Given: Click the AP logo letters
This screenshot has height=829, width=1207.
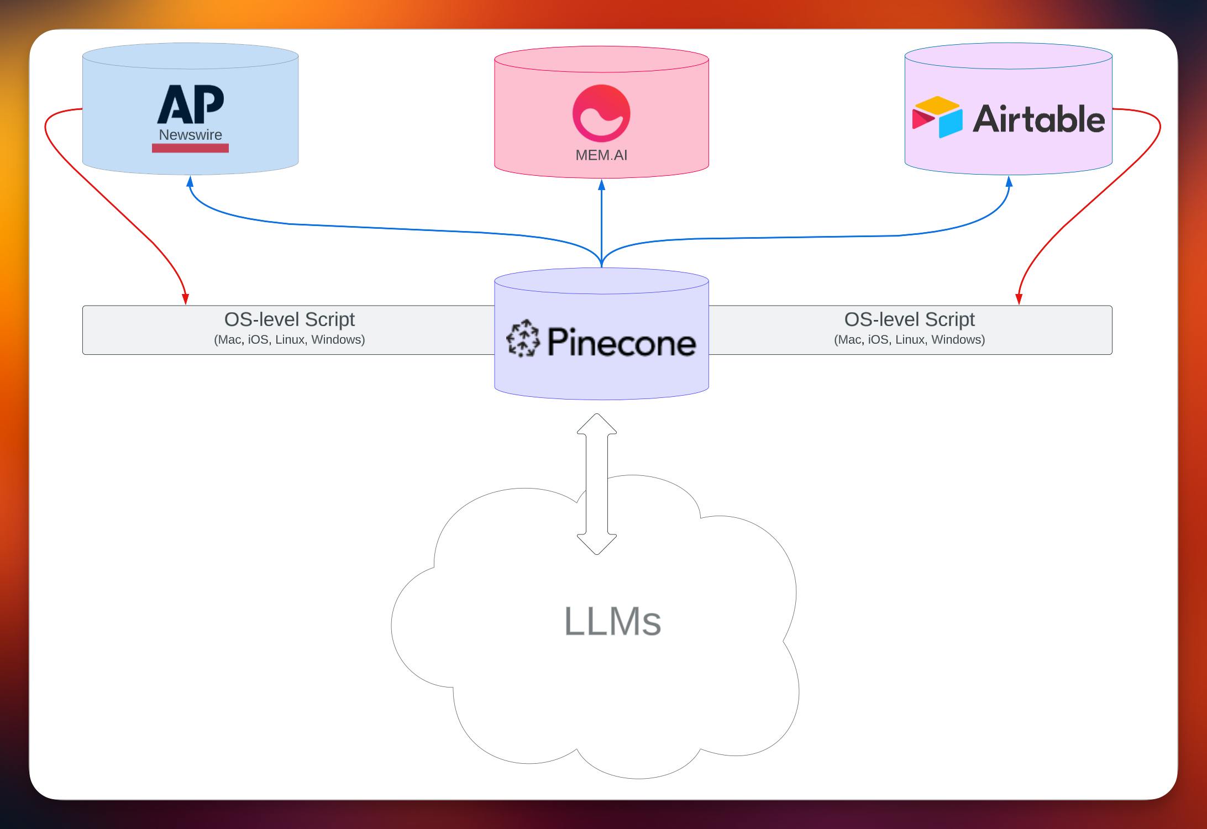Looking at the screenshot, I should (191, 104).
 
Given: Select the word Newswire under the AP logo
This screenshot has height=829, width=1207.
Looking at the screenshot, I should (190, 135).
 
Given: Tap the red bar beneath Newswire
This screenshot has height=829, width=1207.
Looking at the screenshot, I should (190, 148).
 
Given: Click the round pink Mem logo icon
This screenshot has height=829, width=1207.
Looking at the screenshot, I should (601, 113).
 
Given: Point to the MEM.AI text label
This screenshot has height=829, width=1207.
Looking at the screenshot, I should (601, 155).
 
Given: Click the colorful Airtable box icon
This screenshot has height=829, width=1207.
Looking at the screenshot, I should (937, 117).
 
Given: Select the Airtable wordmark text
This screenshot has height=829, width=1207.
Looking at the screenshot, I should (1038, 119).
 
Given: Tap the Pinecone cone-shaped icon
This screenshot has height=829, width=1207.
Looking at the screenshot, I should (523, 338).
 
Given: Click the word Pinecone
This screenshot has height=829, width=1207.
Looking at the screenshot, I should (622, 342).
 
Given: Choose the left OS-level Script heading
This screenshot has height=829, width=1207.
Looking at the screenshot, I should (289, 319).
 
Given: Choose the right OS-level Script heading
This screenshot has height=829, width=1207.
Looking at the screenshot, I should (909, 319).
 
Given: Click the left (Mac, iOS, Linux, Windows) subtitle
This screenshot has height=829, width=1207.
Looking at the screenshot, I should (289, 339).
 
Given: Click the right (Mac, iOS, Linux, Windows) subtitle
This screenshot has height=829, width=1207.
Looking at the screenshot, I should (909, 339).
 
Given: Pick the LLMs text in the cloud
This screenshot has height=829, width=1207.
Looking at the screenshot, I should (612, 622).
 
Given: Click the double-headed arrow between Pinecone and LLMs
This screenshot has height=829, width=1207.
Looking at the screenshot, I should (597, 484).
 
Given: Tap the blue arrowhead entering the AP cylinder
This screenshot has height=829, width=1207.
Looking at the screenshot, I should (190, 181).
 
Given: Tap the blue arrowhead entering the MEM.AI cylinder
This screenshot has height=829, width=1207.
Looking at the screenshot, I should (601, 184).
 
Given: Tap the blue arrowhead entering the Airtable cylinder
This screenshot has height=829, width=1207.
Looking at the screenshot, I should (1009, 181).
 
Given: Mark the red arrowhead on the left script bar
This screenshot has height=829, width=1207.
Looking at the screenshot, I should (186, 299).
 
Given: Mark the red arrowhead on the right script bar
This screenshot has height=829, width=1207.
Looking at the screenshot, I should (1019, 299).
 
